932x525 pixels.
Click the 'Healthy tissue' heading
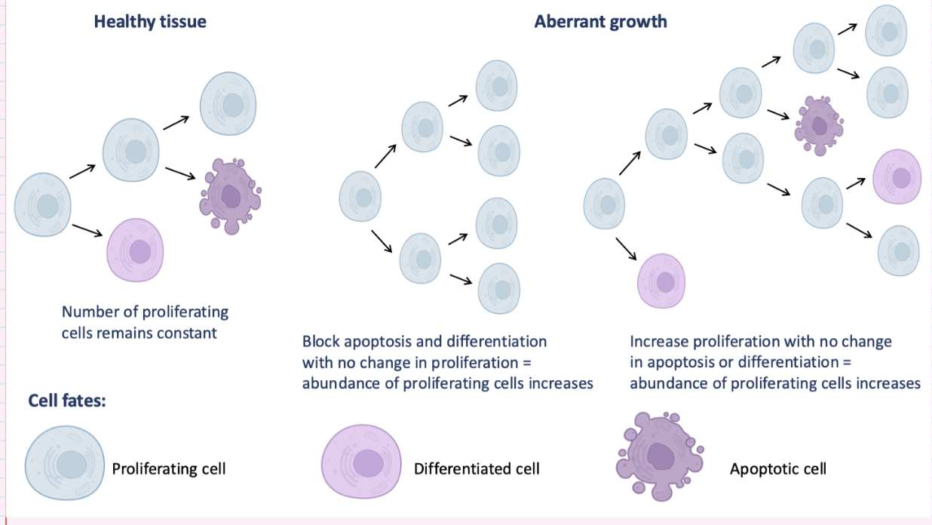coord(149,21)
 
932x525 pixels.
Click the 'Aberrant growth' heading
coord(600,21)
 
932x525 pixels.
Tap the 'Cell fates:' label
coord(67,400)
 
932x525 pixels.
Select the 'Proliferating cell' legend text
coord(169,468)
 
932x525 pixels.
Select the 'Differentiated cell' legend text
coord(477,468)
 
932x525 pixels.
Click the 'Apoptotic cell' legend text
coord(777,468)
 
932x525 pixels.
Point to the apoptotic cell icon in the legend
coord(661,456)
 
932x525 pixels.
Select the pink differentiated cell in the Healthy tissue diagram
coord(136,250)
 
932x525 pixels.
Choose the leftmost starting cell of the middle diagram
coord(363,198)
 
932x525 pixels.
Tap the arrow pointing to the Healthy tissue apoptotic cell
coord(180,173)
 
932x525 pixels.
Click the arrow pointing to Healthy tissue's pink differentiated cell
coord(87,229)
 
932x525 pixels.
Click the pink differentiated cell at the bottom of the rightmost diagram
coord(662,281)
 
